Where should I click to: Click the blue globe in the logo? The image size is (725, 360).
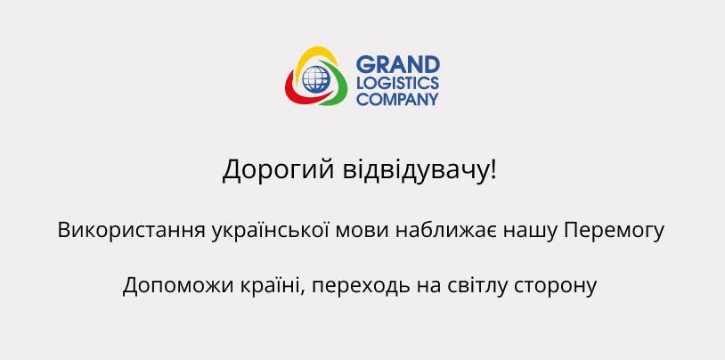[315, 79]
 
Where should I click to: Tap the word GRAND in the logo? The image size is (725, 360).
[397, 64]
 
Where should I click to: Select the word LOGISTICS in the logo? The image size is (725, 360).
[397, 84]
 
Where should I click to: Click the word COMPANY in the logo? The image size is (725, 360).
[397, 99]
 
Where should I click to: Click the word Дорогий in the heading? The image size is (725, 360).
[279, 170]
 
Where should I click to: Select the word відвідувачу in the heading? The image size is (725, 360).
[415, 169]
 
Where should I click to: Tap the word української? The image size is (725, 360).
[271, 231]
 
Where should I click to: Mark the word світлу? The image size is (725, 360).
[478, 285]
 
